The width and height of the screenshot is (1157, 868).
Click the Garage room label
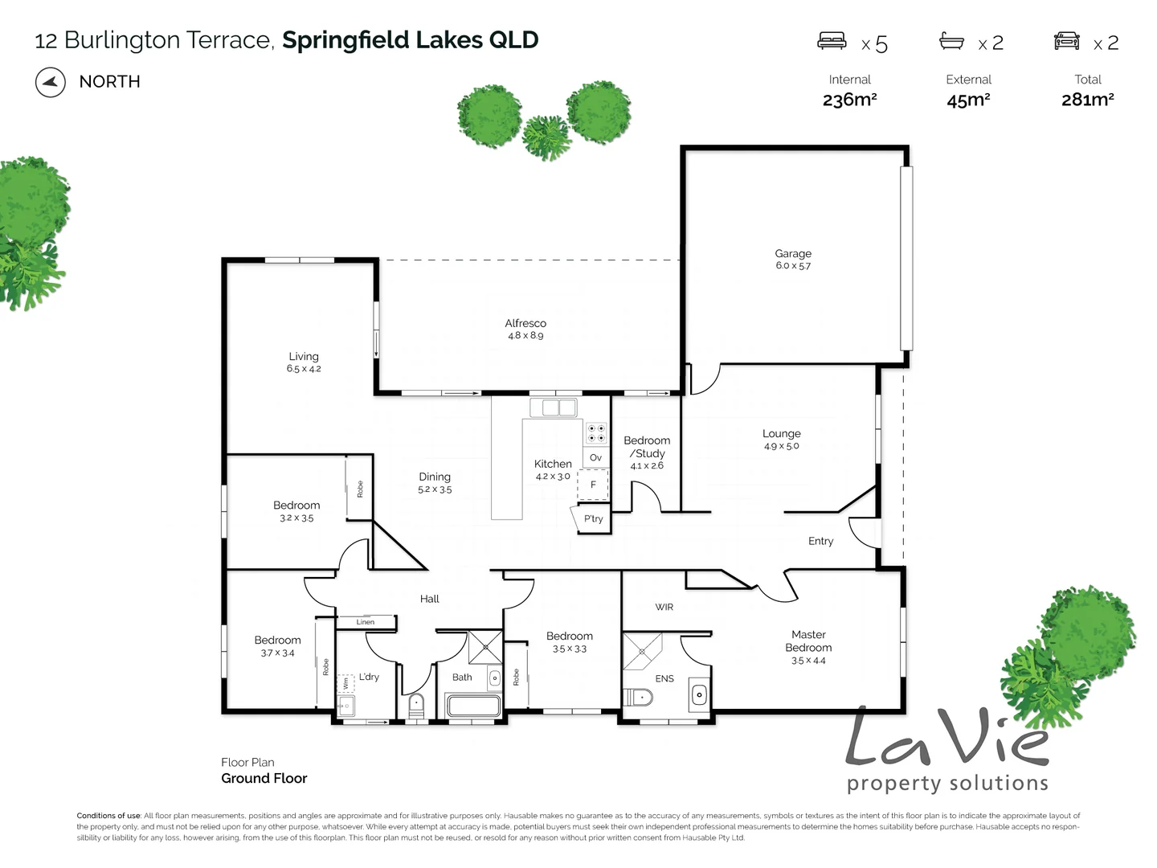click(x=793, y=253)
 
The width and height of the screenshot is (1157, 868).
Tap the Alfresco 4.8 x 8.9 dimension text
click(x=525, y=336)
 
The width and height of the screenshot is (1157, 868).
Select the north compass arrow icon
click(x=51, y=82)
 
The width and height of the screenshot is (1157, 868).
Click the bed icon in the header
click(x=832, y=40)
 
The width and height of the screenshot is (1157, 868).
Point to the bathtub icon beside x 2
click(x=952, y=40)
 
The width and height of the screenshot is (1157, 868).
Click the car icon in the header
click(x=1067, y=40)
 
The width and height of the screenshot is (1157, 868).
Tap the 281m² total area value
click(x=1087, y=100)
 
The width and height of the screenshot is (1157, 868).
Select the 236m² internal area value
click(x=849, y=100)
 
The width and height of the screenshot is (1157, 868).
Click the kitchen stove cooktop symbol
click(x=596, y=434)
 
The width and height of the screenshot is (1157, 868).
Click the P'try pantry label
click(x=593, y=519)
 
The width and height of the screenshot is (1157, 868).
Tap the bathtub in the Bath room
click(x=474, y=706)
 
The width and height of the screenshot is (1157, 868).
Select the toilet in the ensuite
click(x=640, y=697)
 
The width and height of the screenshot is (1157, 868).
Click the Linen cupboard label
click(x=366, y=622)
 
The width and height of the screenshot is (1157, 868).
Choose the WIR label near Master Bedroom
click(x=664, y=607)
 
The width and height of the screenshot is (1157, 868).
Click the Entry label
click(x=820, y=541)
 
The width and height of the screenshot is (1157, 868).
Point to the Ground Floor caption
click(x=264, y=778)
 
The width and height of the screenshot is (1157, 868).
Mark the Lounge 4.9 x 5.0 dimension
click(x=781, y=446)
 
